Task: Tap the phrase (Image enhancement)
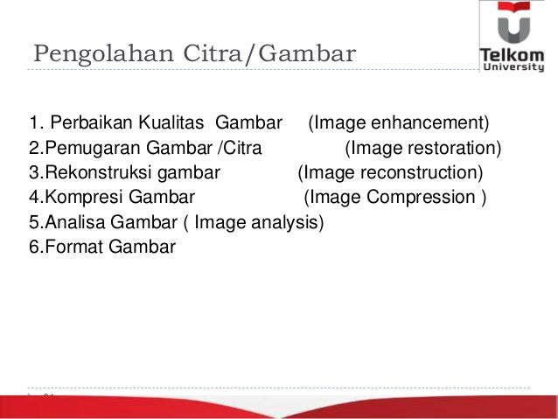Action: (399, 120)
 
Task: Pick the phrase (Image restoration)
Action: (424, 146)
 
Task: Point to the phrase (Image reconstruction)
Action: (390, 171)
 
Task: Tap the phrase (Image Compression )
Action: (395, 197)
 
